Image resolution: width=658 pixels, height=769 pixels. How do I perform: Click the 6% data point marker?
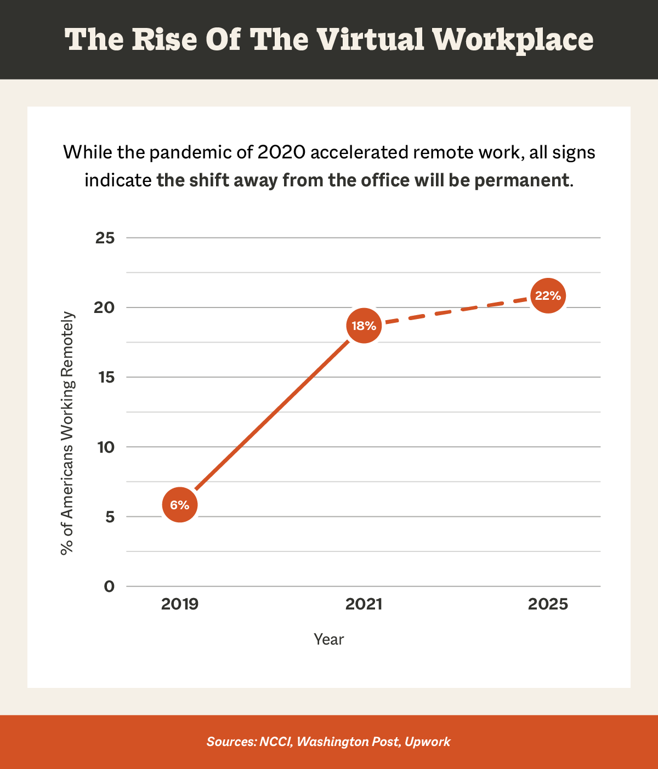(179, 504)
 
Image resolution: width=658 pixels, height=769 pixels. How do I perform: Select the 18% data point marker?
(364, 326)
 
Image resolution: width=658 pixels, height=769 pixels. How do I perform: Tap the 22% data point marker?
(548, 296)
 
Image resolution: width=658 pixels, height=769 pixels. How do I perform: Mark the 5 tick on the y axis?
(109, 517)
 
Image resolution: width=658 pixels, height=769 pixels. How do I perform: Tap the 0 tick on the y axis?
(109, 586)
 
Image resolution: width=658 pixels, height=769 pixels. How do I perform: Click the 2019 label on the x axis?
(180, 605)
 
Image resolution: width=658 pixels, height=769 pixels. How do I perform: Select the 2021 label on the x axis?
(364, 605)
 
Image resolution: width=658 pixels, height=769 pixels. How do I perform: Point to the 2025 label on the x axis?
(548, 605)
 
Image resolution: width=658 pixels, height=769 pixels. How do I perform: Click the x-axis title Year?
(328, 639)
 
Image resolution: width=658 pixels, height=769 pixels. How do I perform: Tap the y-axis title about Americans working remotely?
(67, 433)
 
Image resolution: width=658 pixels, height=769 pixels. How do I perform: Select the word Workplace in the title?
(513, 39)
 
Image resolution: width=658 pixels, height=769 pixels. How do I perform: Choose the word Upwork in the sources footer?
(427, 742)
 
